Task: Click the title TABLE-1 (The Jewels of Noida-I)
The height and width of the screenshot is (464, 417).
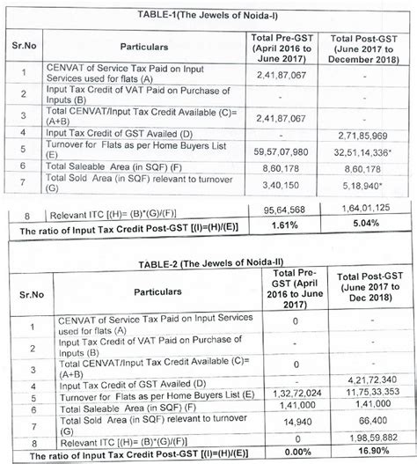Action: coord(208,14)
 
